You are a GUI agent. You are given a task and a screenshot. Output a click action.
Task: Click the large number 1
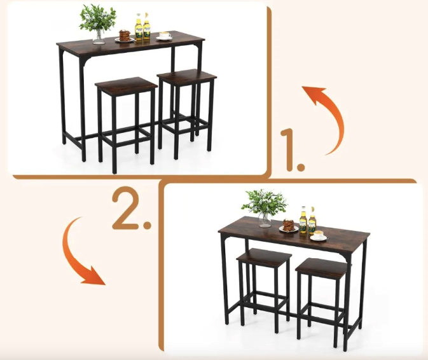pos(292,150)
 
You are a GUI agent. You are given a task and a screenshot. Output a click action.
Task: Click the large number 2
pos(132,207)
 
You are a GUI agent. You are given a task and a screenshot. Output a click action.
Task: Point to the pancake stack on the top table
pos(125,36)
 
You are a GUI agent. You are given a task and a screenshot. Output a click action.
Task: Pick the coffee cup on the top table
pos(165,36)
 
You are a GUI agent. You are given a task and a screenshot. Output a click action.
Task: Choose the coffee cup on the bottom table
pos(319,236)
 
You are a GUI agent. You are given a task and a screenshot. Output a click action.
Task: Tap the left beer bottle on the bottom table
pos(303,220)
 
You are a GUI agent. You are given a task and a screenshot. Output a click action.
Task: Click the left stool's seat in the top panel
pos(127,85)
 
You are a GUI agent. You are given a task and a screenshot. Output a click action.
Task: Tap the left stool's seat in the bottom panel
pos(264,256)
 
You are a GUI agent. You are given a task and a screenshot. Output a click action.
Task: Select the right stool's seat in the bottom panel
pos(322,267)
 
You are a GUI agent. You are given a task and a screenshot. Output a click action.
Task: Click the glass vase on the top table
pos(99,37)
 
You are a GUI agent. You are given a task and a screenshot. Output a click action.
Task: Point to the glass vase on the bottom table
pos(265,219)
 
